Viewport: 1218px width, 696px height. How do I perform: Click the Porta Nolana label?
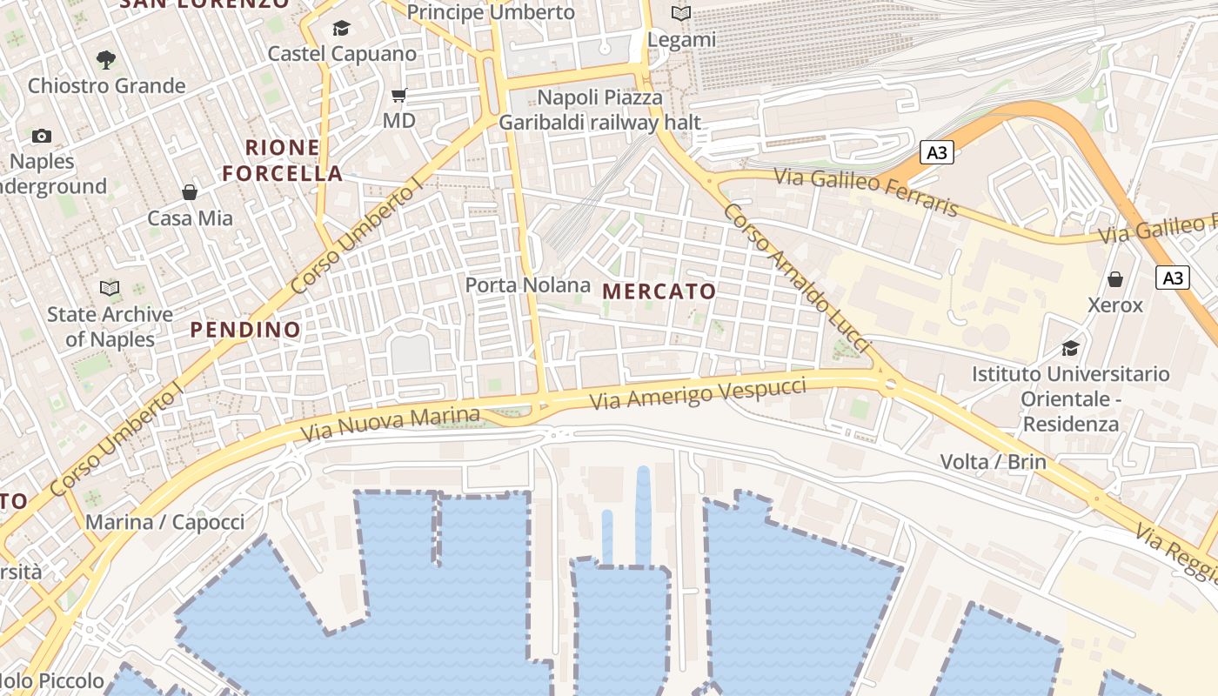[527, 285]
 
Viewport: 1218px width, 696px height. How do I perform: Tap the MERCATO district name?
[659, 291]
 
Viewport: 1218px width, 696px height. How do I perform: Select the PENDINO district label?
[245, 330]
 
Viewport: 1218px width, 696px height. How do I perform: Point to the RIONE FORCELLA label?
[283, 160]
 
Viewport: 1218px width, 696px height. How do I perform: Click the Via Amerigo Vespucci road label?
[698, 393]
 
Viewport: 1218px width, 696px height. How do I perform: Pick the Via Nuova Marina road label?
[390, 424]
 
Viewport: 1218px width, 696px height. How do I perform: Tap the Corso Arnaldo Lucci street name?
[796, 278]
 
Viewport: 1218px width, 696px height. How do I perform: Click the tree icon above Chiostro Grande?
[106, 60]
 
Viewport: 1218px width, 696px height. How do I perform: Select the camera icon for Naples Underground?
[41, 136]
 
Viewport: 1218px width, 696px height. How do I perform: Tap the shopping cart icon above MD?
[399, 95]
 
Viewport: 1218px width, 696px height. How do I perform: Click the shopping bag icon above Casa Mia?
[190, 191]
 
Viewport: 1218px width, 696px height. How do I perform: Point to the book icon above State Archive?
[110, 288]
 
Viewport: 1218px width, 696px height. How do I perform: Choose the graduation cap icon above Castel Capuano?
[341, 29]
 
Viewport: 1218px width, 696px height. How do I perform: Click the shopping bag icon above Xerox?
[1115, 279]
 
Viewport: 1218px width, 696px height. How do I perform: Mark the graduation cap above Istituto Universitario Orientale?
[1070, 348]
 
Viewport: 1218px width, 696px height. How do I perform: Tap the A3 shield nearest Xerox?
[1173, 278]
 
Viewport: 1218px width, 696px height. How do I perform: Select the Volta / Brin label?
[993, 461]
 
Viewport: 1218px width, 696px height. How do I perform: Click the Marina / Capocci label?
[164, 522]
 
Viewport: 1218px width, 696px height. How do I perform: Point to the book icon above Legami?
[681, 14]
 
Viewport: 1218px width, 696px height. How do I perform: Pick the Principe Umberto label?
[491, 12]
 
